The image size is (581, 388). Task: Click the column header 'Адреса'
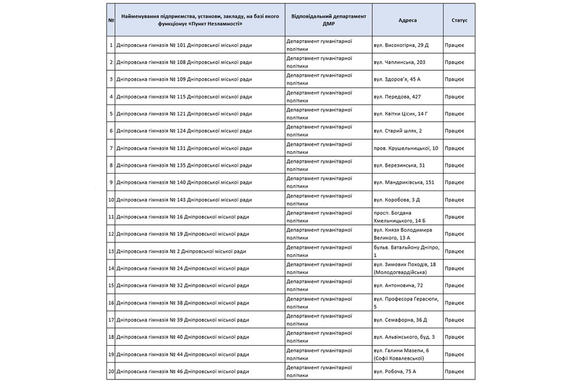(x=407, y=20)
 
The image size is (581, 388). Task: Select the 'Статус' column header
(x=459, y=20)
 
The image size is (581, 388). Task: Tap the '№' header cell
(x=111, y=20)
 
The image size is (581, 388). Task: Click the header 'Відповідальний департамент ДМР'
(x=329, y=20)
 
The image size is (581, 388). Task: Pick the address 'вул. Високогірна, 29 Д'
(x=401, y=45)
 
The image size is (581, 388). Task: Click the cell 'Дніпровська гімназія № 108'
(x=184, y=62)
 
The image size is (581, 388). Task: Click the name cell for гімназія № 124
(x=184, y=131)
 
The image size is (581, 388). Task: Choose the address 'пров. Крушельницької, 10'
(x=406, y=148)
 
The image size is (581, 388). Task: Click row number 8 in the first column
(x=111, y=165)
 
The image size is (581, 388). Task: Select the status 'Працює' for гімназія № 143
(x=454, y=200)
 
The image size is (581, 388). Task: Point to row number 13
(x=111, y=251)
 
